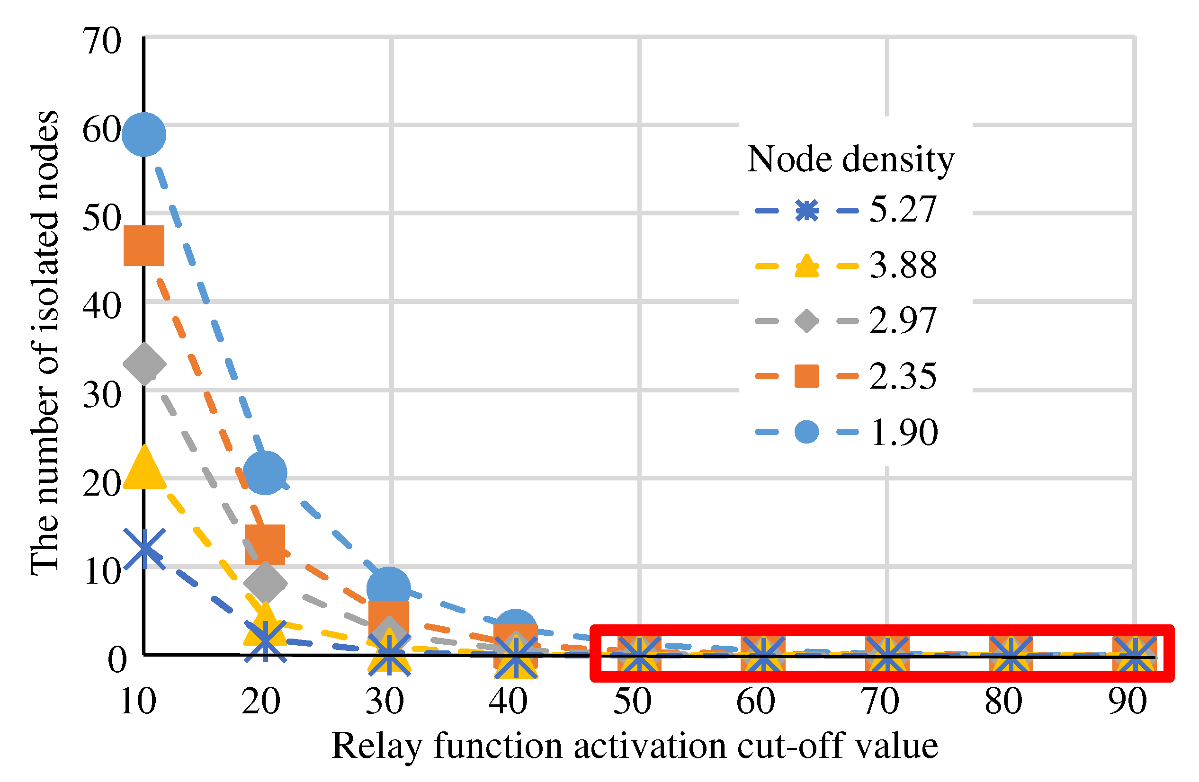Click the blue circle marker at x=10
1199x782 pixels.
(x=144, y=134)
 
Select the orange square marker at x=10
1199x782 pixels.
(x=144, y=246)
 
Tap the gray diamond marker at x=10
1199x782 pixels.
(x=144, y=364)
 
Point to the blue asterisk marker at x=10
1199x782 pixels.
(x=144, y=549)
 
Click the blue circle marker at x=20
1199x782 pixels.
(x=265, y=473)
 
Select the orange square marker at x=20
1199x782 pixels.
(x=265, y=545)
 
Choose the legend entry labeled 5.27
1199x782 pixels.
(x=846, y=210)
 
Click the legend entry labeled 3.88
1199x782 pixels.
(x=846, y=266)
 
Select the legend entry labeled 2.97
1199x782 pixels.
(x=846, y=321)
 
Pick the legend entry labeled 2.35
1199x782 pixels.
(x=846, y=377)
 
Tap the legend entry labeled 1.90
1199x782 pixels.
(x=846, y=432)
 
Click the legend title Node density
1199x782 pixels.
(x=850, y=160)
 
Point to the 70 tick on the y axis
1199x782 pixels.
(x=102, y=41)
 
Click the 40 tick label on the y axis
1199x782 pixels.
(x=102, y=306)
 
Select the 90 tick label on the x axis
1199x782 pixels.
(x=1127, y=702)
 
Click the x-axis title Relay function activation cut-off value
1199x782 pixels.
(x=635, y=746)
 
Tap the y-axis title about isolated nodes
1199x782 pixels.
(x=45, y=342)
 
